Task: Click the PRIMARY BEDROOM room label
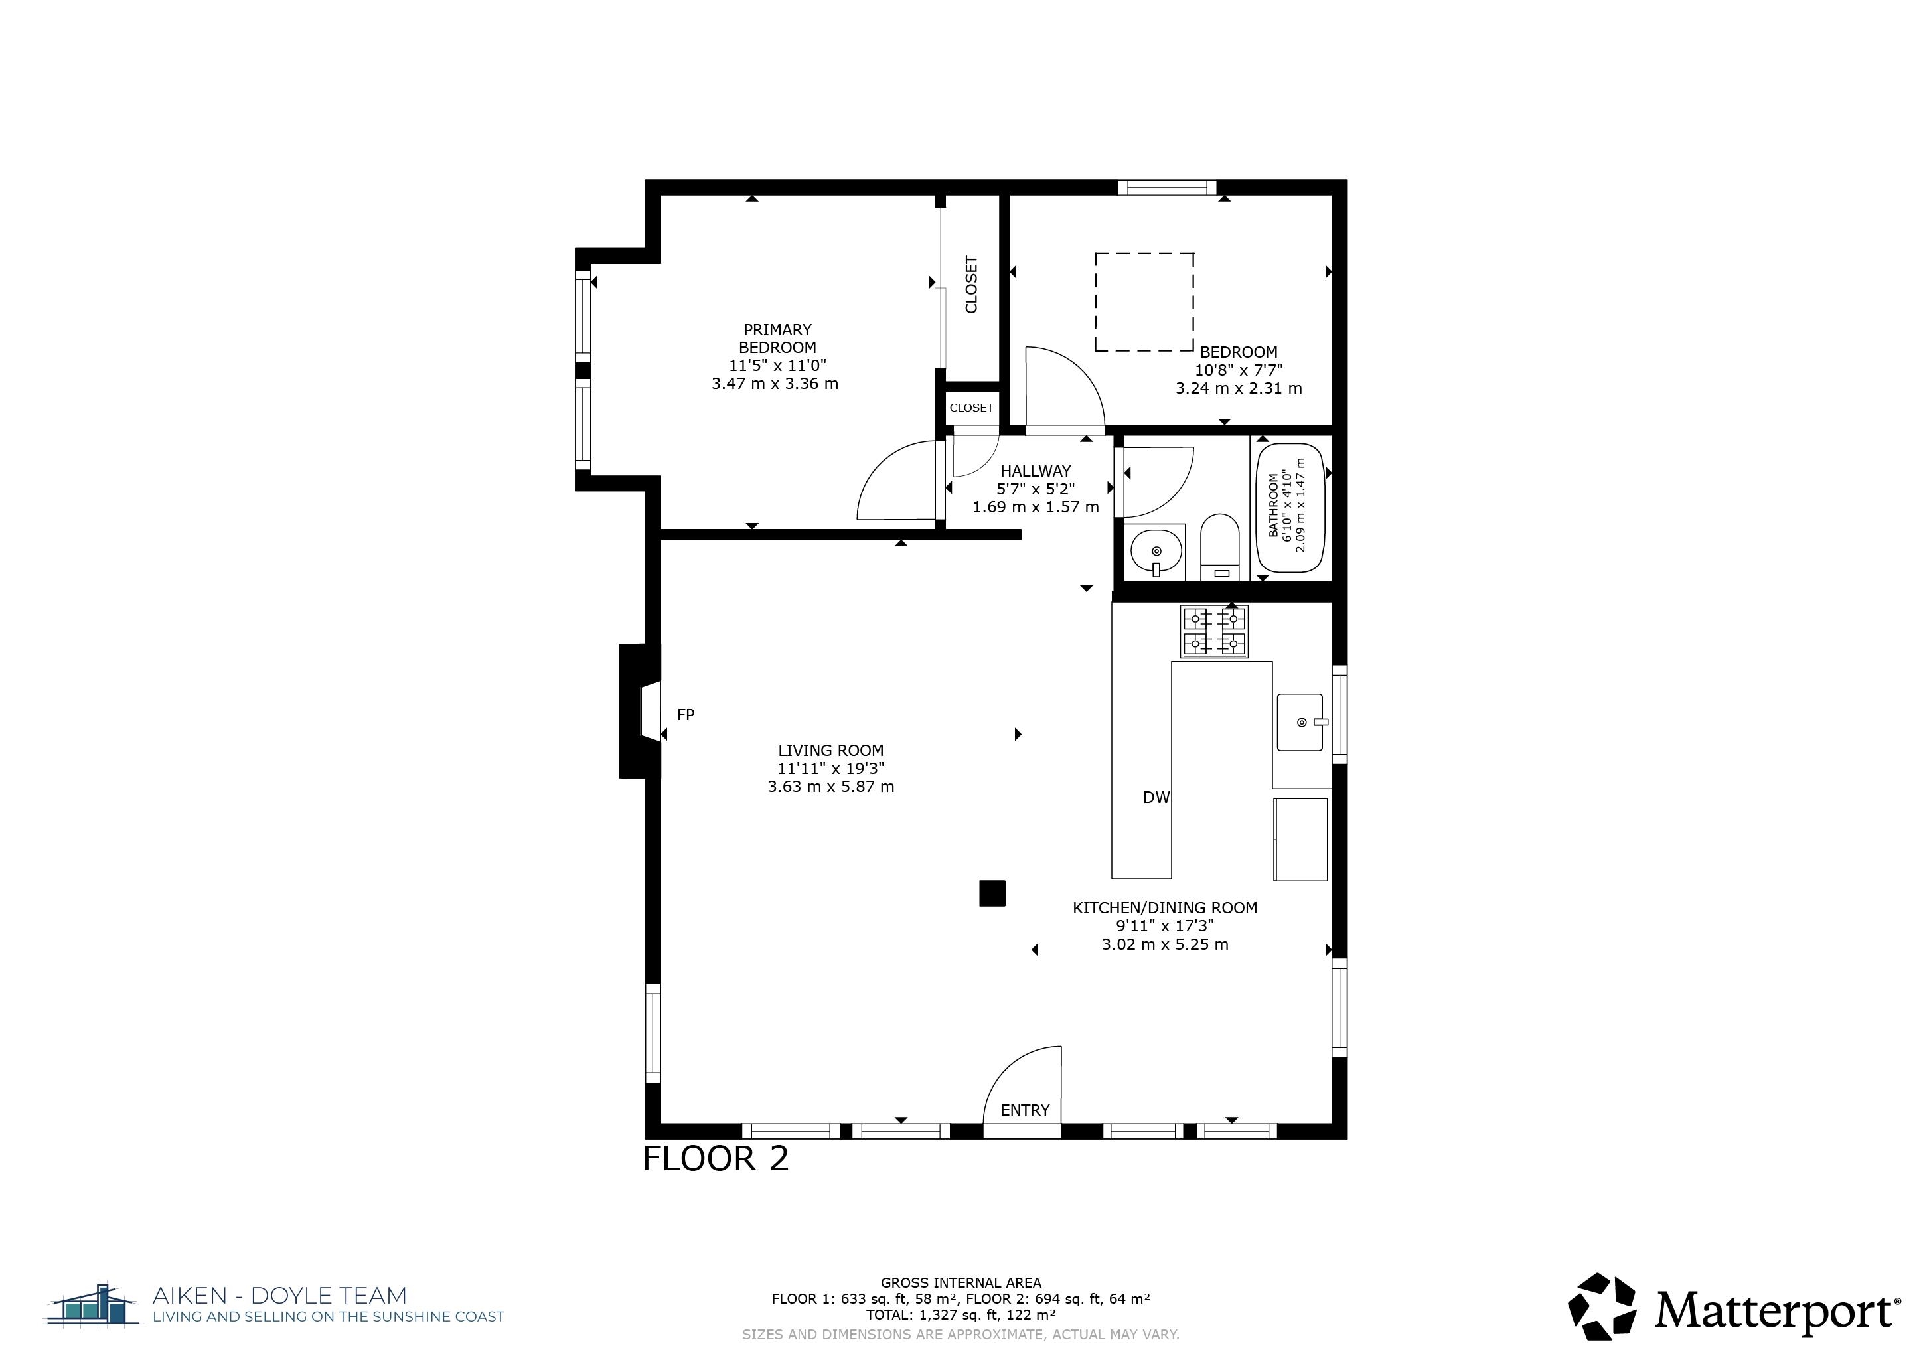(x=777, y=339)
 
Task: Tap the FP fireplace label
(x=686, y=714)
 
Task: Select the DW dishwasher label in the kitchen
(x=1156, y=798)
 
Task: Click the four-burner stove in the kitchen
(x=1215, y=631)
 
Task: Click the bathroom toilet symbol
(x=1219, y=547)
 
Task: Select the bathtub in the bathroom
(x=1290, y=508)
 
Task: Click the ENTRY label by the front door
(x=1024, y=1110)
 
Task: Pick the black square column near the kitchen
(x=992, y=893)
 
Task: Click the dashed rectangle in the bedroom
(x=1144, y=301)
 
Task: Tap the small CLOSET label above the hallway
(x=972, y=408)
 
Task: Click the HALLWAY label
(x=1036, y=471)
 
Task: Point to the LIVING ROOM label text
(x=831, y=750)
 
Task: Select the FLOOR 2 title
(x=716, y=1159)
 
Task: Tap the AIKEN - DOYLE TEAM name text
(x=279, y=1296)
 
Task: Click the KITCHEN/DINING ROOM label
(x=1165, y=908)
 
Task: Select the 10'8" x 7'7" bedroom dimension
(x=1239, y=370)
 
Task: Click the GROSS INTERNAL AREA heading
(x=961, y=1282)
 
